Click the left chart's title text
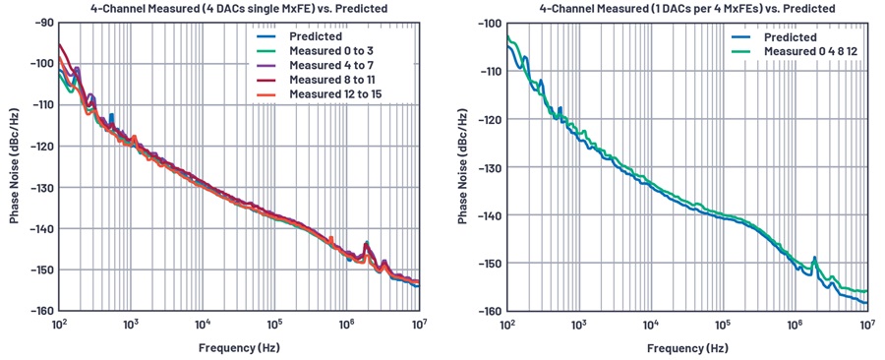tap(239, 9)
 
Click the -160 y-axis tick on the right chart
tap(490, 312)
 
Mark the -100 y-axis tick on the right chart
tap(490, 23)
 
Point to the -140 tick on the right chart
tap(490, 215)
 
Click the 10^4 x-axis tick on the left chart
tap(203, 324)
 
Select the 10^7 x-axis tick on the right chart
tap(867, 324)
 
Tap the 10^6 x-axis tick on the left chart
tap(346, 324)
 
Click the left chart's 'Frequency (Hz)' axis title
tap(239, 347)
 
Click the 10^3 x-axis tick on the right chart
tap(579, 324)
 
